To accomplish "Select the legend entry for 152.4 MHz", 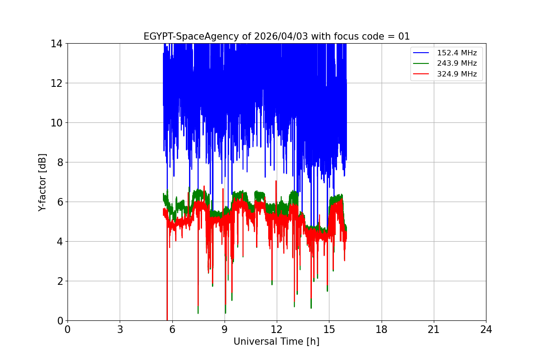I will click(x=457, y=53).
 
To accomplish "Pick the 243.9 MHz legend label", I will click(x=457, y=63).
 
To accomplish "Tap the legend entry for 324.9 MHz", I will click(x=457, y=74).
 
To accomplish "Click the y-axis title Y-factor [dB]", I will click(x=42, y=182).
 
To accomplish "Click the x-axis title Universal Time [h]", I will click(x=276, y=342).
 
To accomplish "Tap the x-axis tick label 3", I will click(x=120, y=329).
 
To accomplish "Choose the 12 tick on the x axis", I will click(x=277, y=329).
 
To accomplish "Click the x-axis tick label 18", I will click(x=382, y=329).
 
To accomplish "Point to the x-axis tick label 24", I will click(x=486, y=329).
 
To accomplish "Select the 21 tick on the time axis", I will click(x=434, y=329).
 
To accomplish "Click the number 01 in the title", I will click(x=404, y=36).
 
